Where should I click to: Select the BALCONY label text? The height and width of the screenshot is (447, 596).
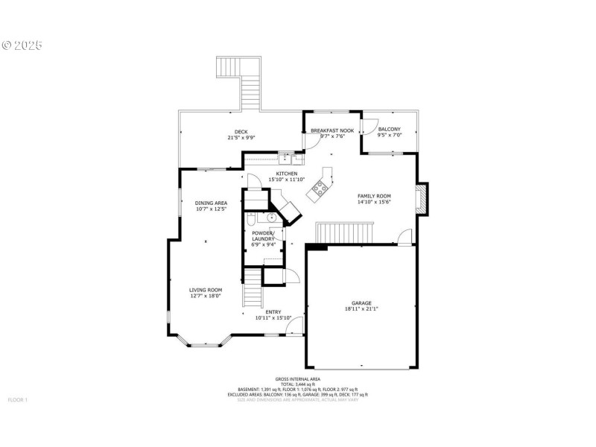point(389,129)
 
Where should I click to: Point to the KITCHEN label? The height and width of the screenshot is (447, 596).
point(287,173)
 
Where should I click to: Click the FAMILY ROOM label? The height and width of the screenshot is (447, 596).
point(374,195)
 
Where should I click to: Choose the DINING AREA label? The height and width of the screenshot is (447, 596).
point(211,203)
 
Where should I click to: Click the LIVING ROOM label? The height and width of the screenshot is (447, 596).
point(205,290)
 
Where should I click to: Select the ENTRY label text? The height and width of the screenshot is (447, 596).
point(273,312)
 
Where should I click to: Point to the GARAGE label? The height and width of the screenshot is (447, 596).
point(361,303)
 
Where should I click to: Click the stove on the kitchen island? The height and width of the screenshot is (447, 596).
point(318,188)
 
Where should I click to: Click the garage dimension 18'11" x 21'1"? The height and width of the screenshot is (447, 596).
point(361,309)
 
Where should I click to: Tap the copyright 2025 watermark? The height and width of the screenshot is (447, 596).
point(22,45)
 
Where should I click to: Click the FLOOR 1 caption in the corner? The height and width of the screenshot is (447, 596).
point(17,400)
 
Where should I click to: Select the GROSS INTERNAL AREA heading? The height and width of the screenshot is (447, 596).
point(297,378)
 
